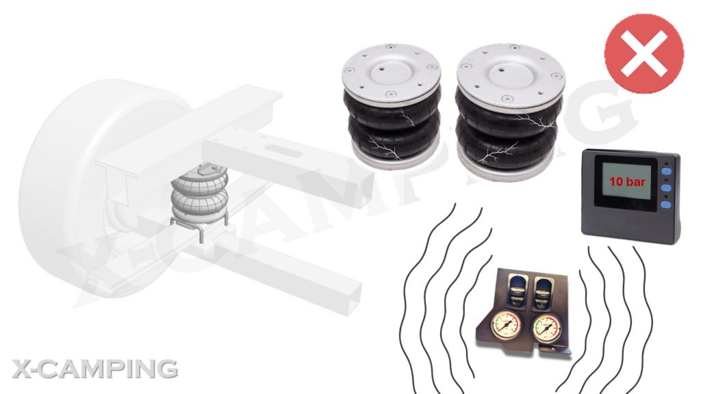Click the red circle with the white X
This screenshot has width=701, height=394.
(x=643, y=53)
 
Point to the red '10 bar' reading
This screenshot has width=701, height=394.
(x=627, y=182)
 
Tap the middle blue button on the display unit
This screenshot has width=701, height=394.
(x=666, y=188)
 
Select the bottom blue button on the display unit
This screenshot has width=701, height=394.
(x=666, y=205)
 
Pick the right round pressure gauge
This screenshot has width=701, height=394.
(x=547, y=328)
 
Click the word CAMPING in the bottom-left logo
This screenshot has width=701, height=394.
(x=111, y=369)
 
